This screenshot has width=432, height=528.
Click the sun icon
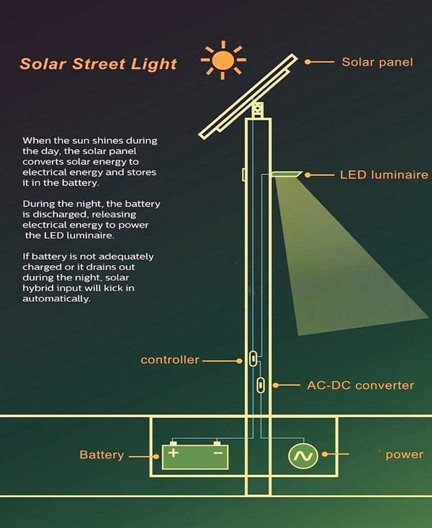pos(223,61)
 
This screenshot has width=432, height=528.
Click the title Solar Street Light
pos(98,63)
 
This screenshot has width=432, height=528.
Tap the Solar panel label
pos(377,62)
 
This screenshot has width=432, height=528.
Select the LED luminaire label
pos(383,175)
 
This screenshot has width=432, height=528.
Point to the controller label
pos(170,359)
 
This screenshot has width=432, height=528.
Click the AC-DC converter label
pos(360,385)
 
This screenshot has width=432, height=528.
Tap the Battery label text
pos(102,455)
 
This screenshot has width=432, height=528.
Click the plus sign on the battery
pos(173,453)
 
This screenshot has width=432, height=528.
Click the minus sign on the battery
pos(217,453)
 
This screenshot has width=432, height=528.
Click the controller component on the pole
pos(253,358)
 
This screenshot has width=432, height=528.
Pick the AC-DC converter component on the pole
pos(261,385)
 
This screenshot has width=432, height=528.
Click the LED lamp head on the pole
pos(287,174)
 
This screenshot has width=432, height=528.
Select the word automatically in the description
pos(57,299)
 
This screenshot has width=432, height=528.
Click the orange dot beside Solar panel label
pos(308,63)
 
